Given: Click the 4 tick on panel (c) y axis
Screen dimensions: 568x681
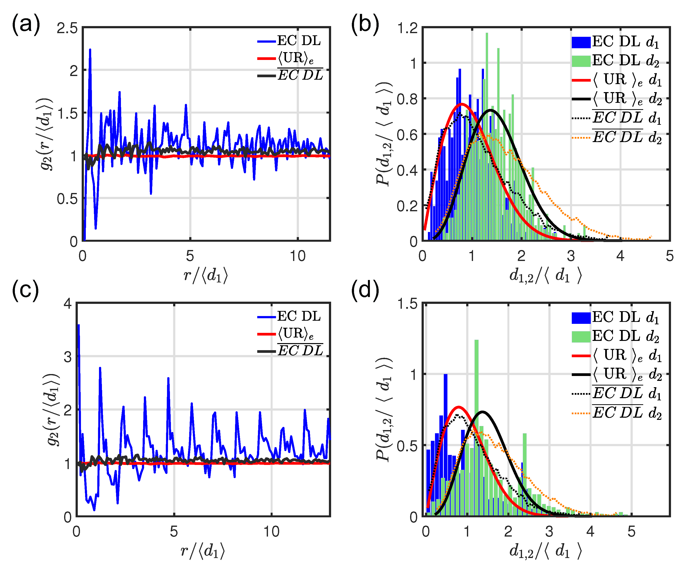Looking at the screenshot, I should click(68, 304).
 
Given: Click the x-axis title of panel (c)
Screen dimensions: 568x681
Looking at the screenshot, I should click(203, 551).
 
